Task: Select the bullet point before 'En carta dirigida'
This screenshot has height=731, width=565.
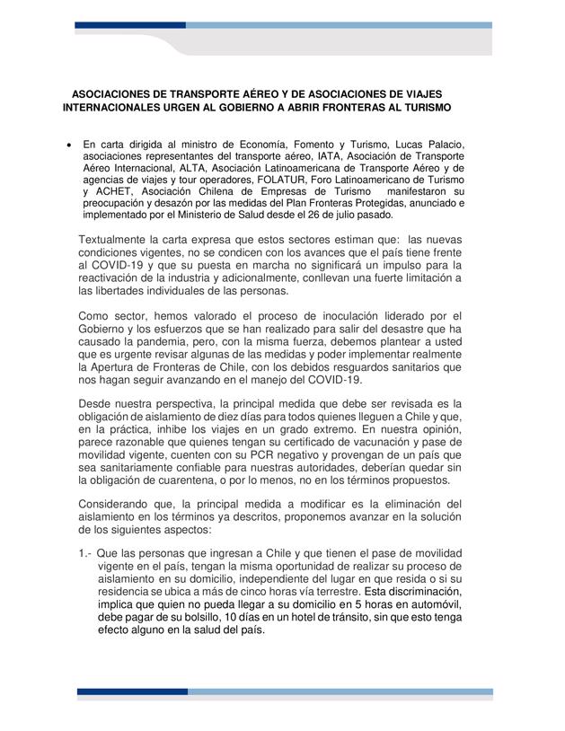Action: click(68, 145)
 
